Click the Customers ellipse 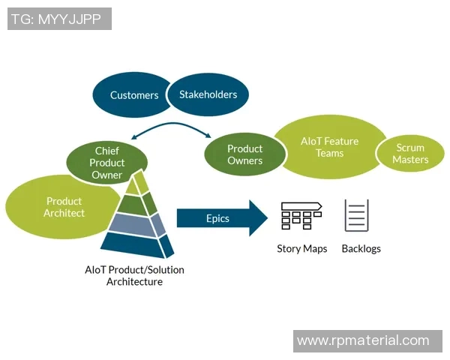[133, 95]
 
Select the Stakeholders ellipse [208, 94]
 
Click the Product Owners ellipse [245, 154]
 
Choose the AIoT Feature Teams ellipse [329, 147]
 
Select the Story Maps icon [301, 215]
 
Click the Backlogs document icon [357, 215]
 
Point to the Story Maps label [302, 249]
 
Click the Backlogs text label [361, 249]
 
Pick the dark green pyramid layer [136, 203]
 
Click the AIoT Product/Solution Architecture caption [134, 276]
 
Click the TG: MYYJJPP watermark [59, 19]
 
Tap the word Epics [217, 218]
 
